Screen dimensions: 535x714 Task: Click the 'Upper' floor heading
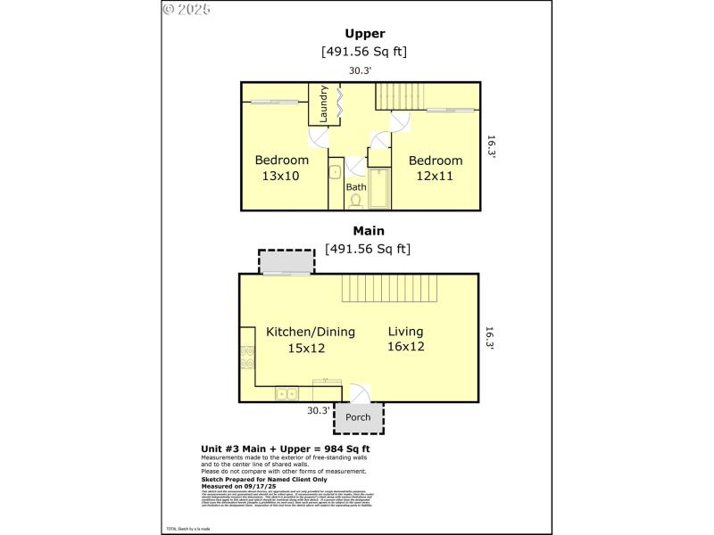pyautogui.click(x=365, y=35)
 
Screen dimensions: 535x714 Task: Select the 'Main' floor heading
pyautogui.click(x=367, y=231)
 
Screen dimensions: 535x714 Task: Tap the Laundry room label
pyautogui.click(x=324, y=103)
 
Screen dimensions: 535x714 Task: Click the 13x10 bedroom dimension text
pyautogui.click(x=280, y=177)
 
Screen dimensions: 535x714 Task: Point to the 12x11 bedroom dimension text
pyautogui.click(x=435, y=177)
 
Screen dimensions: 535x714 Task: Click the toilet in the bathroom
pyautogui.click(x=356, y=201)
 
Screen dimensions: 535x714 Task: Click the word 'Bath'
pyautogui.click(x=356, y=187)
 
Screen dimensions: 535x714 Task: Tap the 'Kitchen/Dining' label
pyautogui.click(x=310, y=332)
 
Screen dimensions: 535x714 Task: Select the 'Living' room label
pyautogui.click(x=405, y=332)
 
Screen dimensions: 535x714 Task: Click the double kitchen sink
pyautogui.click(x=286, y=392)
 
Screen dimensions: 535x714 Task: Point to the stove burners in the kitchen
pyautogui.click(x=245, y=357)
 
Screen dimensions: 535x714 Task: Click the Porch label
pyautogui.click(x=358, y=417)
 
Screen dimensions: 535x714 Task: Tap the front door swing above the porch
pyautogui.click(x=357, y=394)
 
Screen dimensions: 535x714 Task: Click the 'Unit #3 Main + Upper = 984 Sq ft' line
pyautogui.click(x=286, y=449)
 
